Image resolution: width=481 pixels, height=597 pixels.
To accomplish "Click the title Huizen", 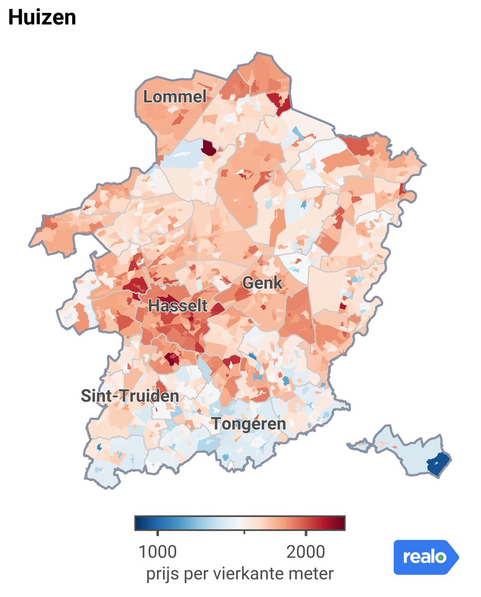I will point(42,18).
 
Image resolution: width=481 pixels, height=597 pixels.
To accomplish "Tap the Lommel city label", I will point(174,97).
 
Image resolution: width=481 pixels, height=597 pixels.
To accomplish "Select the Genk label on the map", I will point(262,284).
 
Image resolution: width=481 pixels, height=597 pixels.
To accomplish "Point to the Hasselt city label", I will point(178,306).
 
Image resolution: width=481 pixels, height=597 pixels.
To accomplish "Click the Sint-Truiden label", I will point(130,396).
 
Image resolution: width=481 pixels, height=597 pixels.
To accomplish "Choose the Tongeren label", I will point(248,424).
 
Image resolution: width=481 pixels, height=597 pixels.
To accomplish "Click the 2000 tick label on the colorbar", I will point(306,552).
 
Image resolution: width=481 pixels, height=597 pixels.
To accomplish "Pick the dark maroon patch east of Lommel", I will point(209,148).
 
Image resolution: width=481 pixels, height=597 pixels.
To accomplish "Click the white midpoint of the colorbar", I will point(241,523).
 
